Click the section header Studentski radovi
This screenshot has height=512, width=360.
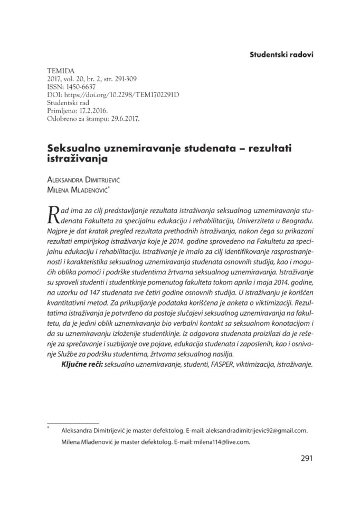(281, 55)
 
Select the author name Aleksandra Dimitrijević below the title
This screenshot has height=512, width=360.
(94, 180)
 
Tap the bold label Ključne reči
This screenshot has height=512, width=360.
(82, 364)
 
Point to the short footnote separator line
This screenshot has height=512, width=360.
(73, 423)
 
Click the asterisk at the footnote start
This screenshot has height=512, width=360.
(49, 429)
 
